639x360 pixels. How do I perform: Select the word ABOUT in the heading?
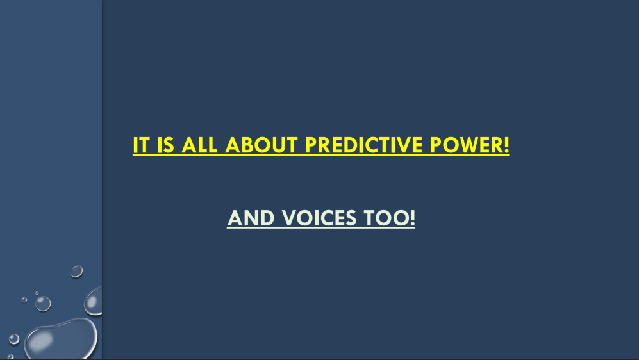click(261, 145)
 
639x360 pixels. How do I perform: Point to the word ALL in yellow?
click(199, 145)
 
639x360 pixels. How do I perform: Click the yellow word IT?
click(141, 145)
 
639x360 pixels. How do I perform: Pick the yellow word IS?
click(165, 145)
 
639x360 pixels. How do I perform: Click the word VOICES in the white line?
click(319, 218)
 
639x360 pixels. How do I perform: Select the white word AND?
click(251, 218)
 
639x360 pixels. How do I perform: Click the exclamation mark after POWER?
click(506, 145)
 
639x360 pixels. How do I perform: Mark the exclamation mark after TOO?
click(412, 218)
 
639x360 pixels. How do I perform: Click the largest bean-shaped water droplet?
click(61, 339)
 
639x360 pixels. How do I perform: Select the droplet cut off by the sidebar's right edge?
click(94, 301)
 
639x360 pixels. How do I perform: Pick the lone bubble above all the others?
click(76, 271)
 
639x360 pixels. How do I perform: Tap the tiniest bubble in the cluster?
click(37, 293)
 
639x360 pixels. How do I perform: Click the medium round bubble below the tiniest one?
click(43, 304)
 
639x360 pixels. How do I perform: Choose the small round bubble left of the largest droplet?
click(14, 339)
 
